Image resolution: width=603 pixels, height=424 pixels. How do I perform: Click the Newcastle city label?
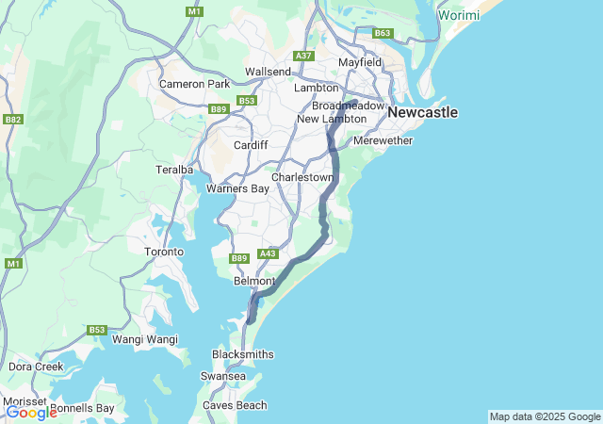click(422, 113)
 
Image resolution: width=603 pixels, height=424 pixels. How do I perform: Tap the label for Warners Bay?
click(237, 188)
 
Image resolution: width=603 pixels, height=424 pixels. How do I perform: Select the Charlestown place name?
click(302, 177)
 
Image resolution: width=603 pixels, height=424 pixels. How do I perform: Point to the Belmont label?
click(253, 282)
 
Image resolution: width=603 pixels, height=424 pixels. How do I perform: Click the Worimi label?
click(459, 16)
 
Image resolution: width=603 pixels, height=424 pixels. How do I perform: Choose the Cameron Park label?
click(194, 84)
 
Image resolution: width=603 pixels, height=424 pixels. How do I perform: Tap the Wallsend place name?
click(269, 72)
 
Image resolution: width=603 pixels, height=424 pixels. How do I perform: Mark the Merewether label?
click(383, 141)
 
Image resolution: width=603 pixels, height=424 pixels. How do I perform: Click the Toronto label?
click(164, 253)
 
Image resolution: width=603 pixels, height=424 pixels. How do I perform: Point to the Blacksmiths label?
click(242, 354)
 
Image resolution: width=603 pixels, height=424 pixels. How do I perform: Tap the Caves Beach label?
click(235, 405)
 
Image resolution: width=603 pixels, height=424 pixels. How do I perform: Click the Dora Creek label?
click(36, 366)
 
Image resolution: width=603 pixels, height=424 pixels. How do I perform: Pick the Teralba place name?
click(174, 170)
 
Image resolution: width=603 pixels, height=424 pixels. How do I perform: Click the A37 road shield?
click(303, 57)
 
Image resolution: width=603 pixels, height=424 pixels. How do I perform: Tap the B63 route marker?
click(383, 33)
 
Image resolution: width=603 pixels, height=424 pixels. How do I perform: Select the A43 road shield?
click(269, 253)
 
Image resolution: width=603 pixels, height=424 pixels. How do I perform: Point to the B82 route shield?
click(12, 120)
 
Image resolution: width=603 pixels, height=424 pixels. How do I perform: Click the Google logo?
click(31, 413)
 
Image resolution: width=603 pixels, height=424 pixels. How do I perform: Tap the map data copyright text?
click(545, 416)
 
